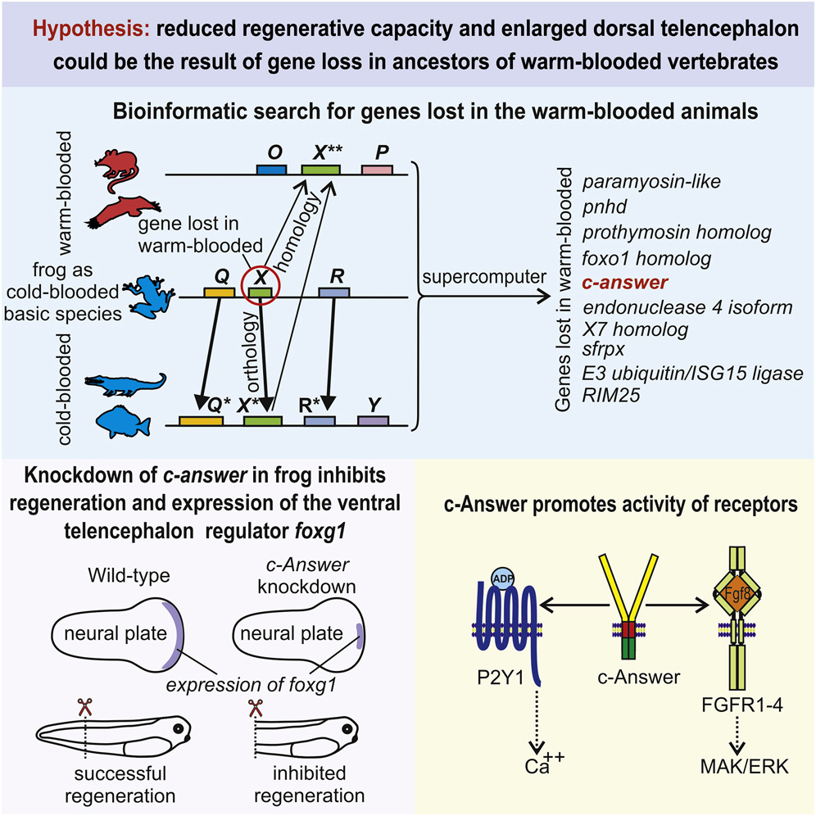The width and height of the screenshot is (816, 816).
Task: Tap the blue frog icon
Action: tap(141, 292)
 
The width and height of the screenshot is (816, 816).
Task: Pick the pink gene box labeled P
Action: tap(377, 168)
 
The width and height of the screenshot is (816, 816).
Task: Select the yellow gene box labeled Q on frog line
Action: tap(218, 292)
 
